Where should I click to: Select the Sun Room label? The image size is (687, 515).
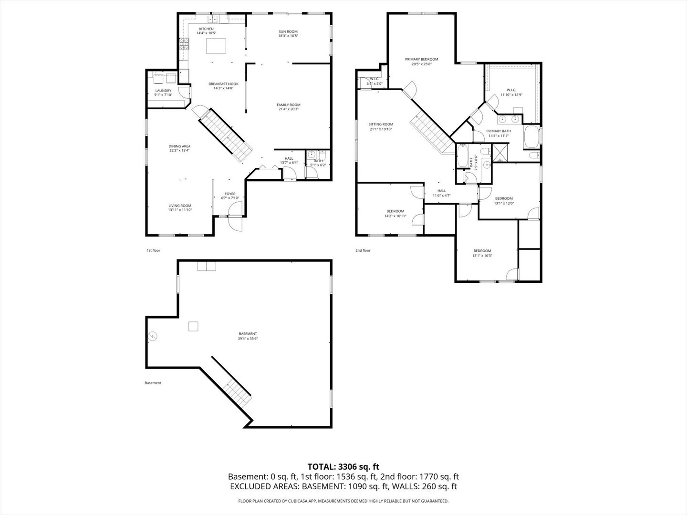[288, 32]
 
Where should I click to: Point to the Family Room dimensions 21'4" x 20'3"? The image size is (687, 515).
[289, 109]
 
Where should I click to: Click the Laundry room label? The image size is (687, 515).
[163, 91]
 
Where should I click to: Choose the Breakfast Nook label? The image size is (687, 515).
[223, 84]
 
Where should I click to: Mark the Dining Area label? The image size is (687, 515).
[179, 146]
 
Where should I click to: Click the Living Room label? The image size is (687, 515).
[179, 206]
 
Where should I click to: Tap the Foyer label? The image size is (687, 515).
[230, 194]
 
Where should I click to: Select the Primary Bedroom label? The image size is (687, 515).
[421, 60]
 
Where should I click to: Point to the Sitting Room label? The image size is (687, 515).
[381, 124]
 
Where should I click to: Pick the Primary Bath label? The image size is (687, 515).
[499, 131]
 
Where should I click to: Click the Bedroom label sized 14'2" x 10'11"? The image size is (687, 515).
[395, 211]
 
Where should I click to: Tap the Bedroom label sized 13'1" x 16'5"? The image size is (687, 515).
[482, 251]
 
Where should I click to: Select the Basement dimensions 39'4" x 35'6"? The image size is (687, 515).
[248, 339]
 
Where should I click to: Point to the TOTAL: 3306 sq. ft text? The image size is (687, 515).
[343, 467]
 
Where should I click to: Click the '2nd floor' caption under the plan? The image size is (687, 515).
[363, 250]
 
